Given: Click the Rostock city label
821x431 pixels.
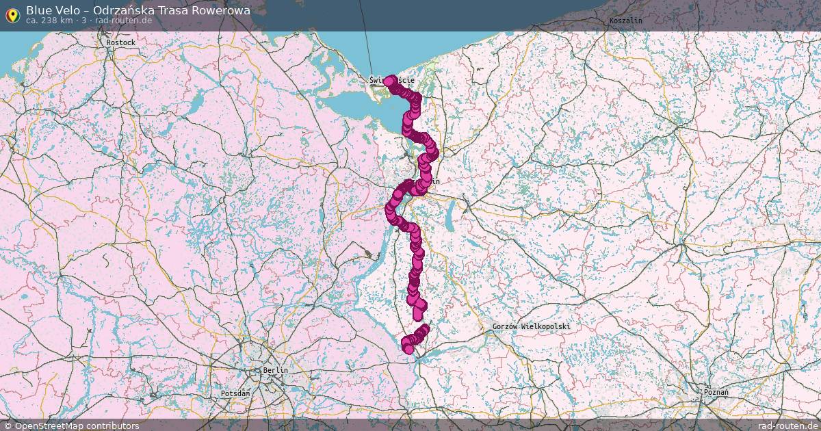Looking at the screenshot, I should pos(121,42).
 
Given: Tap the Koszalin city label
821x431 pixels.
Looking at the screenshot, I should pos(625,21).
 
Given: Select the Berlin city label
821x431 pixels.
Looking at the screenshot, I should pos(275,370).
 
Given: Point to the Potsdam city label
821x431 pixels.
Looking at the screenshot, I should pos(235,394).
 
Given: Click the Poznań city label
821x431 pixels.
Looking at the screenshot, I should pos(716,393).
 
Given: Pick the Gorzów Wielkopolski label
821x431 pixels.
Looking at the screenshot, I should pos(531,327).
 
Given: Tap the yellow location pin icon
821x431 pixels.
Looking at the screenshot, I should pos(12,14).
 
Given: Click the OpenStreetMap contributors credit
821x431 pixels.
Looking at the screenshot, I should pos(77,426).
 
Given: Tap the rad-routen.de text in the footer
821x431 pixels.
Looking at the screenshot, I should pos(788,426).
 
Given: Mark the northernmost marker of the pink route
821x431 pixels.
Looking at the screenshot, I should pos(389,81).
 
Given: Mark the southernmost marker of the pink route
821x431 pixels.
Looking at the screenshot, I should pos(408,349).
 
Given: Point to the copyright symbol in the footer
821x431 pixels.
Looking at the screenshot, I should pos(8,426).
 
